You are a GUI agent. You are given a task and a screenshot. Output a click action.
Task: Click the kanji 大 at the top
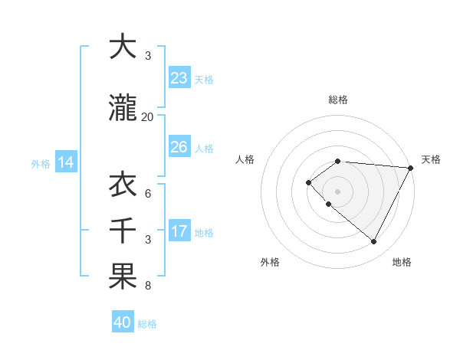(x=123, y=47)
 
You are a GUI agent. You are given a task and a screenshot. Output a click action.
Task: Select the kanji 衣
(x=123, y=185)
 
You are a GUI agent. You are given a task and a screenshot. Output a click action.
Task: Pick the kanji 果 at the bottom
(x=123, y=277)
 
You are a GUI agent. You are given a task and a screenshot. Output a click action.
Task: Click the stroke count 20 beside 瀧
(x=148, y=117)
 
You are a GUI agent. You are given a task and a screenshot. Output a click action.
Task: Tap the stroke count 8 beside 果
(x=148, y=286)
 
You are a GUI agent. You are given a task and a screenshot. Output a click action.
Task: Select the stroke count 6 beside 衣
(x=148, y=194)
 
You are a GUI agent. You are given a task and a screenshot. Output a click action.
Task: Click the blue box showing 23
(x=179, y=78)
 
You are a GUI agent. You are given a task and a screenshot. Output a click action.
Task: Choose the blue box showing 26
(x=179, y=147)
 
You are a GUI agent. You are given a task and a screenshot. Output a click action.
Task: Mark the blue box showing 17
(x=179, y=231)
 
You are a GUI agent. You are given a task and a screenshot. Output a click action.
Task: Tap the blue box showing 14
(x=65, y=162)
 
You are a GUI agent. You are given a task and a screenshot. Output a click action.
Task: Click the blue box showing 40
(x=123, y=322)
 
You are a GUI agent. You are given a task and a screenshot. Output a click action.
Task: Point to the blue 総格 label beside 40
(x=147, y=324)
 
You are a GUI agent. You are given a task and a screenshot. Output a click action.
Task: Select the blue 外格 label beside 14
(x=41, y=163)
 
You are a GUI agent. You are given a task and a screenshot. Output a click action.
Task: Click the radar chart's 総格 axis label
(x=338, y=100)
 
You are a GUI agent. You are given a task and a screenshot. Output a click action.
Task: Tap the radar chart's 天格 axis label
(x=431, y=159)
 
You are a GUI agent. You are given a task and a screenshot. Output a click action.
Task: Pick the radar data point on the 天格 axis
(x=412, y=167)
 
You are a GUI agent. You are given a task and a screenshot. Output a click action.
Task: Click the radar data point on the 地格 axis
(x=374, y=242)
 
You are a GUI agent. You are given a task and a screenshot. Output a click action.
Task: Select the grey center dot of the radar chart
(x=337, y=191)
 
